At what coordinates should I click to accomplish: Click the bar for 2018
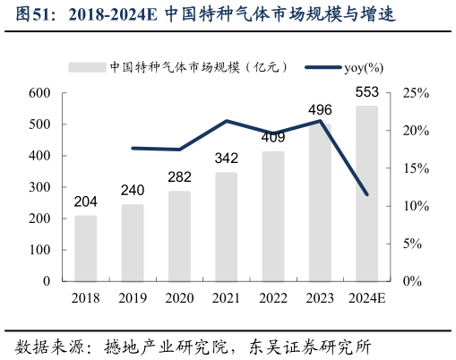(86, 248)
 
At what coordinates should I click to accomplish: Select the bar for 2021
(227, 227)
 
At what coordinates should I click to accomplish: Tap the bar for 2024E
(366, 193)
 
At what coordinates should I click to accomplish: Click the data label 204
(86, 201)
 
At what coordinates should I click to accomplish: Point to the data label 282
(180, 176)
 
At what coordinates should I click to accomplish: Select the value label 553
(367, 92)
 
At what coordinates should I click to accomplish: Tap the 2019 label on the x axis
(133, 298)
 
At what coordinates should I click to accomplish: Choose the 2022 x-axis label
(273, 298)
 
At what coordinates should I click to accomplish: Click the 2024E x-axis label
(366, 298)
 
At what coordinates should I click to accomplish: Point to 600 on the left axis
(39, 93)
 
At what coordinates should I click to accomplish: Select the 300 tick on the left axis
(39, 187)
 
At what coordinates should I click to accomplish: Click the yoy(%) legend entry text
(364, 67)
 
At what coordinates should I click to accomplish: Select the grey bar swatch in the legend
(87, 67)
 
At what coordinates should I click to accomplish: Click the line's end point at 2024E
(366, 194)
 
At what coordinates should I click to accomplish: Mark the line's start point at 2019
(133, 148)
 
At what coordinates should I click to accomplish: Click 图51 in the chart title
(30, 16)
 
